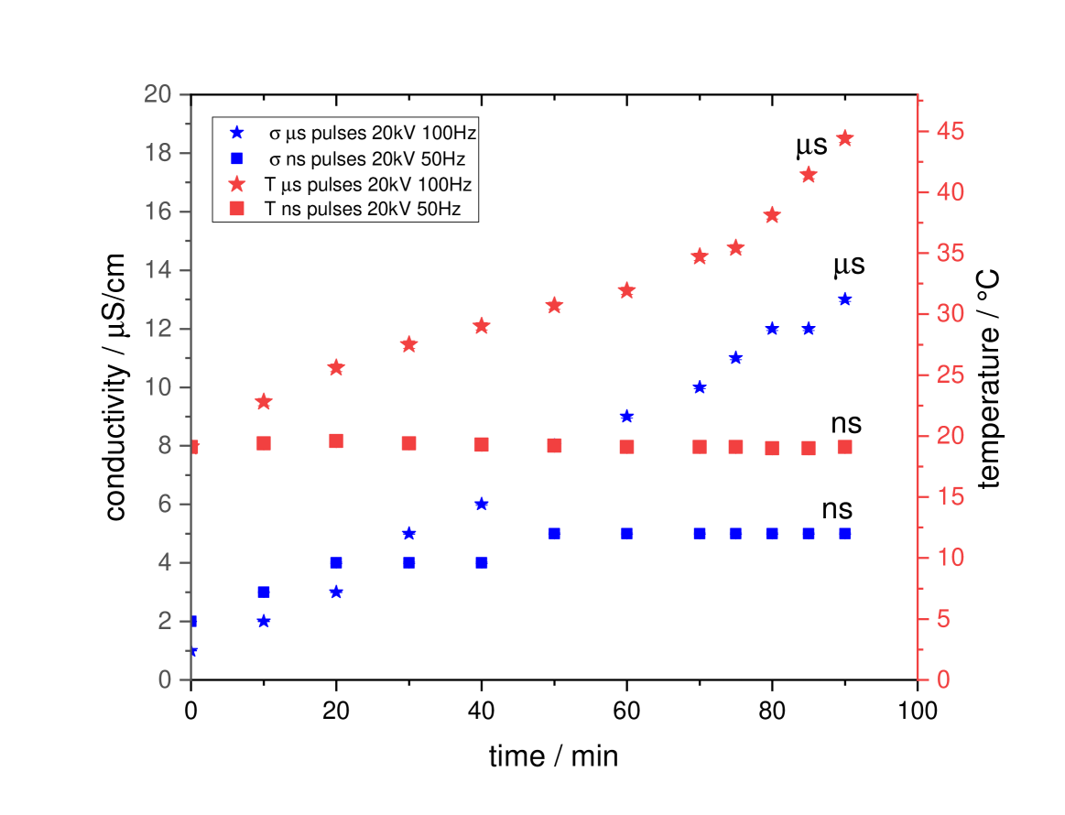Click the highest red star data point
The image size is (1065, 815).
844,138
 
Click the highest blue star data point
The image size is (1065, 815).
844,299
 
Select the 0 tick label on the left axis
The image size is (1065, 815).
165,679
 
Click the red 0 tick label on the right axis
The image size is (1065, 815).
942,679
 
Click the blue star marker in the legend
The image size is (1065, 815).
236,132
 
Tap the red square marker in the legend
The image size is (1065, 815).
236,209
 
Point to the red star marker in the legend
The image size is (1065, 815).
236,183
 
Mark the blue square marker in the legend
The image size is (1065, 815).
236,158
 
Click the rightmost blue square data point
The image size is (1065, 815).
844,534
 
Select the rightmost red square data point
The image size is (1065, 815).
844,447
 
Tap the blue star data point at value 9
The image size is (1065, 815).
626,417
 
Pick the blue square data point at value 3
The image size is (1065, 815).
264,592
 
